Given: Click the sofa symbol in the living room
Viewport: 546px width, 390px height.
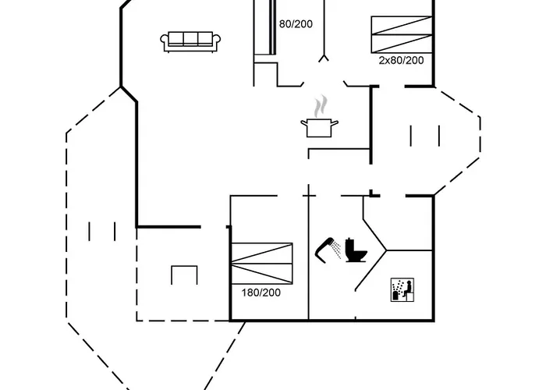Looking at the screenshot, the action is click(x=190, y=42).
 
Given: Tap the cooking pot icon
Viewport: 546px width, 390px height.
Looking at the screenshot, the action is click(x=319, y=127).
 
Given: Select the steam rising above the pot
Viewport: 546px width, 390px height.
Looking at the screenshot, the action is click(x=321, y=106).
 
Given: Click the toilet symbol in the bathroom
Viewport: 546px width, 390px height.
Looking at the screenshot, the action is click(x=356, y=250).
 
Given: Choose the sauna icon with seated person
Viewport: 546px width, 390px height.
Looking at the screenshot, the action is click(x=402, y=289).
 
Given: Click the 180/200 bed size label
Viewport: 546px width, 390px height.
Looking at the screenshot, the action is click(x=261, y=292).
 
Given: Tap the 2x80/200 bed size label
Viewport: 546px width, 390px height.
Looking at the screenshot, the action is click(x=401, y=60).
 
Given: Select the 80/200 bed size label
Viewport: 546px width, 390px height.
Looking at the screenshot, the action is click(x=296, y=23).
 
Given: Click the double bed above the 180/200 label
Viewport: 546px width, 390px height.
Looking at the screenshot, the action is click(x=262, y=264).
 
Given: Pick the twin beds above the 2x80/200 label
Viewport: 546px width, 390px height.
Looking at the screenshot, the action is click(x=402, y=34).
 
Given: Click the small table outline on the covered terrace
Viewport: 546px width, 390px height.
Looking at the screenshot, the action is click(x=184, y=275).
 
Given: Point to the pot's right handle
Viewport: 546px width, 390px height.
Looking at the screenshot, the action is click(x=335, y=123).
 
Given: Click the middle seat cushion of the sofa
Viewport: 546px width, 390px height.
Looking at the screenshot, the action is click(x=190, y=38).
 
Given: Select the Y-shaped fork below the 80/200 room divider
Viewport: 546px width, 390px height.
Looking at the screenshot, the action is click(x=324, y=58).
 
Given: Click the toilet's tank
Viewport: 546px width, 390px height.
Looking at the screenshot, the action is click(x=350, y=243).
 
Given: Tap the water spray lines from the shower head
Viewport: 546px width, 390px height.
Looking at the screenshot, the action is click(x=335, y=250).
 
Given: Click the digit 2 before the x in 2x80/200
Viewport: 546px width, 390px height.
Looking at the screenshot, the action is click(x=381, y=60).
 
